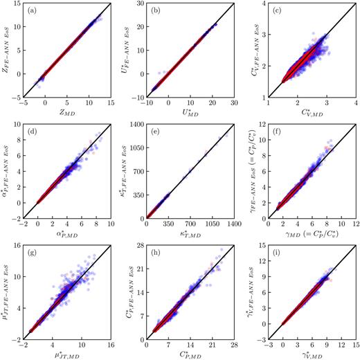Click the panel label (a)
click(x=33, y=10)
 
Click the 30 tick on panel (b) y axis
click(x=137, y=4)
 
